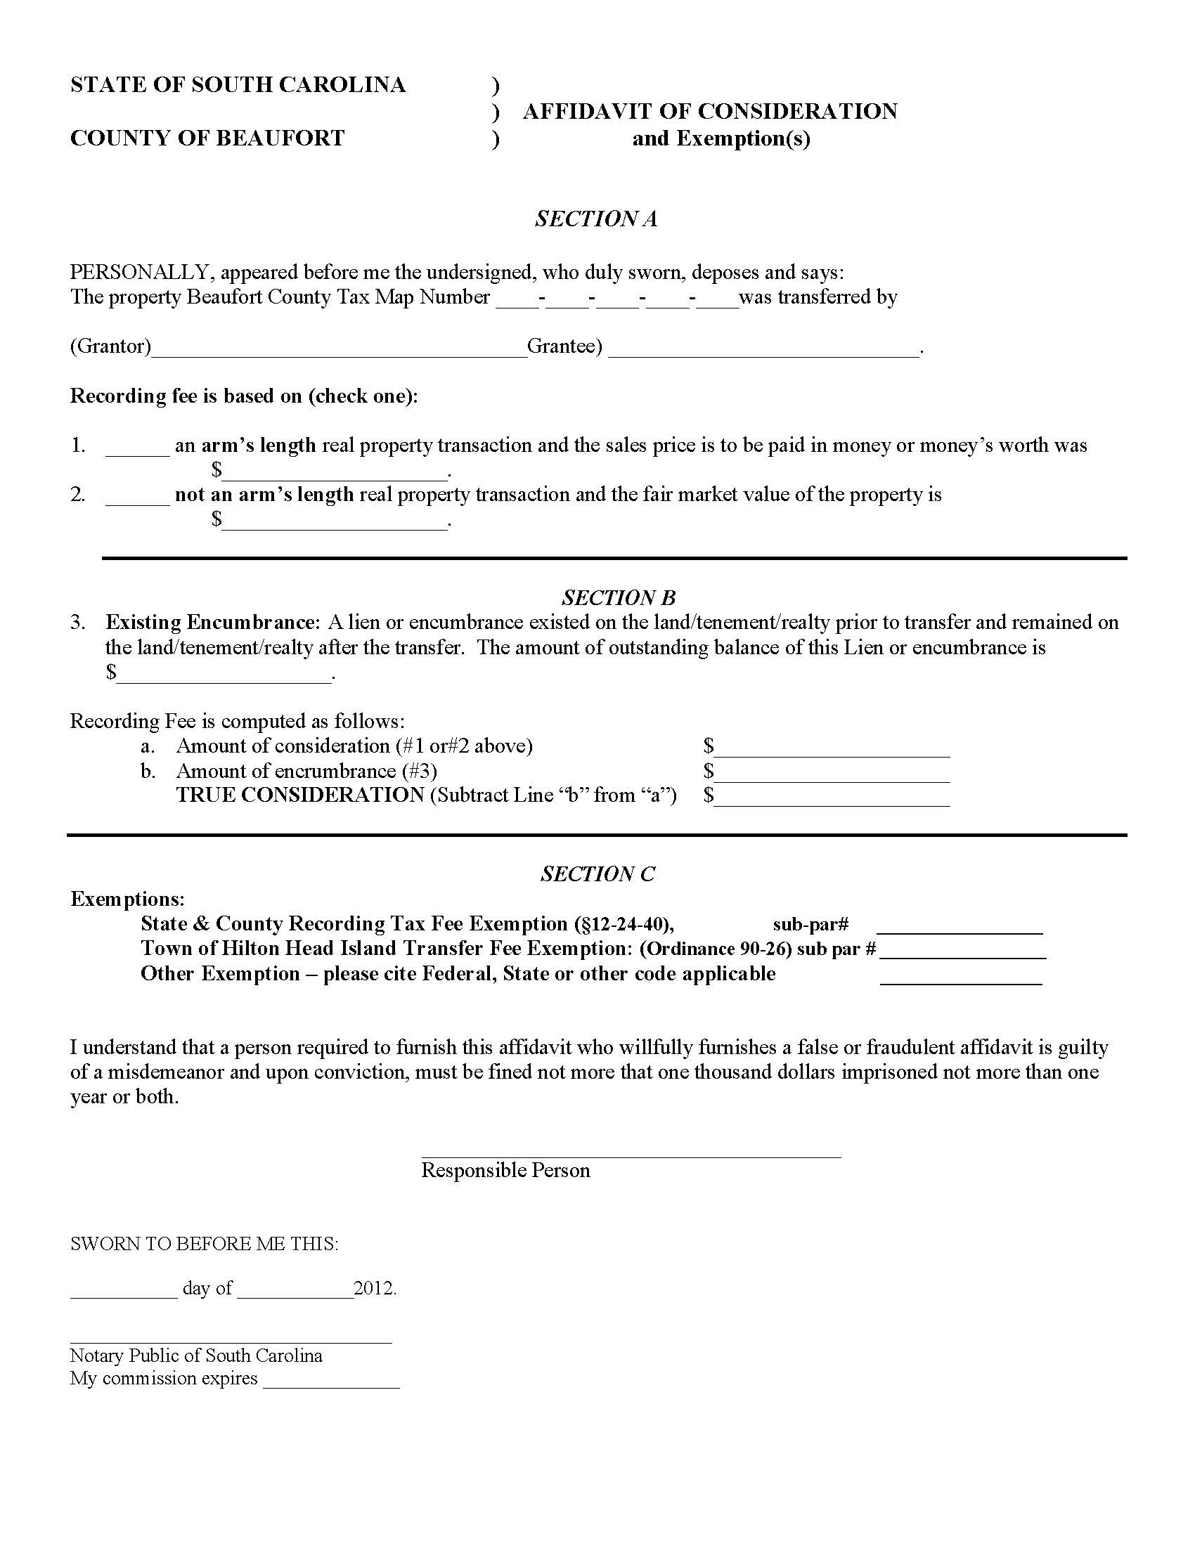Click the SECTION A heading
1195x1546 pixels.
point(596,219)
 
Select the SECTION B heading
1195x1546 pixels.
point(619,597)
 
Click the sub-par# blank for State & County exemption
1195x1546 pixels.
point(960,926)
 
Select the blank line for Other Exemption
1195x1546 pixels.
point(961,976)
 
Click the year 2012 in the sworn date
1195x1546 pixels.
point(374,1287)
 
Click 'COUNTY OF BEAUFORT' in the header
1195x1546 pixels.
point(207,137)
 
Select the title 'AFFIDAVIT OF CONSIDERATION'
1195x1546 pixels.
point(710,111)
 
